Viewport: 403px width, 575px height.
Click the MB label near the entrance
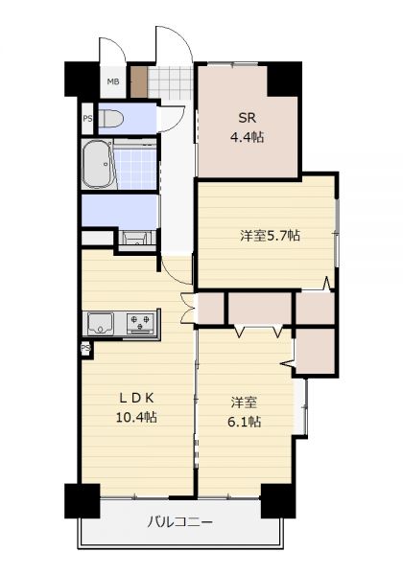click(x=113, y=81)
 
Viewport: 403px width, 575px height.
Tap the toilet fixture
click(x=111, y=119)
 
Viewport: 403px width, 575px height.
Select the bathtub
click(x=97, y=164)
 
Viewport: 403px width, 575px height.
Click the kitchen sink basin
click(x=101, y=323)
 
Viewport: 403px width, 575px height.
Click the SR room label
click(x=247, y=118)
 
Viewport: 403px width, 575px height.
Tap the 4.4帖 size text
click(x=247, y=137)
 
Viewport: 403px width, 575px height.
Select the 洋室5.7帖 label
click(x=270, y=235)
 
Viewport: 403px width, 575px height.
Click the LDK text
click(x=136, y=399)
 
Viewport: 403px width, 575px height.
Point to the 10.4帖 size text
click(x=136, y=417)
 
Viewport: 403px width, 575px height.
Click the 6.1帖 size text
click(x=245, y=422)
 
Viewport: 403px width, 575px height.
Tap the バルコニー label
click(x=180, y=522)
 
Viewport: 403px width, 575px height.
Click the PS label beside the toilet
click(x=87, y=119)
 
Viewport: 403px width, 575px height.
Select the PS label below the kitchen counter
click(x=85, y=347)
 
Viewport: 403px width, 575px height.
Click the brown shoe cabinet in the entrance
click(x=139, y=82)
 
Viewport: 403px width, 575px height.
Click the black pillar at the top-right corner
click(x=284, y=79)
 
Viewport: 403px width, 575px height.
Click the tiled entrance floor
click(x=170, y=82)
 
